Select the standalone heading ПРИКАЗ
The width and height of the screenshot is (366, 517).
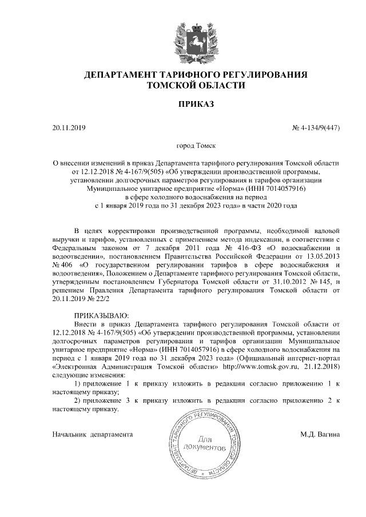click(196, 105)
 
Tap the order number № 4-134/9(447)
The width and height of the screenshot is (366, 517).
click(316, 128)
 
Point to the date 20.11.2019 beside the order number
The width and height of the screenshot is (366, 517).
click(68, 128)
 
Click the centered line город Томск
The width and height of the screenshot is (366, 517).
click(196, 147)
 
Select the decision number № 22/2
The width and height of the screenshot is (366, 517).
click(95, 298)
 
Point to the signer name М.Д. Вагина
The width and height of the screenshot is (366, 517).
click(320, 434)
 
